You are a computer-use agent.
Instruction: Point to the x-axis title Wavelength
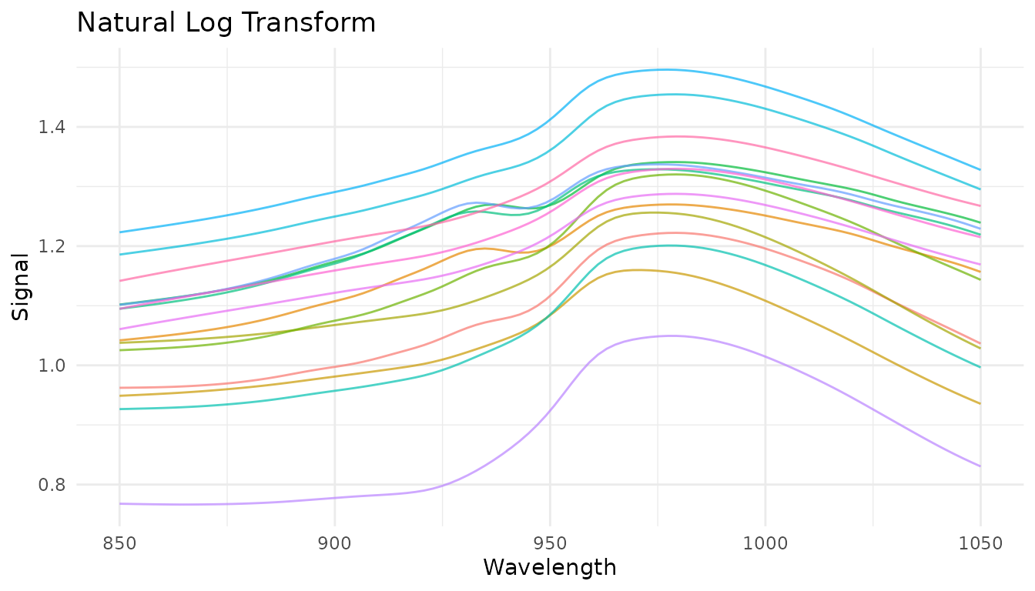pos(549,568)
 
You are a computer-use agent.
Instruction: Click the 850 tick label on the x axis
pos(119,543)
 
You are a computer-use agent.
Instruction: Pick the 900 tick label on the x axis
pos(334,543)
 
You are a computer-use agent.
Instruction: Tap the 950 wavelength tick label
pos(550,543)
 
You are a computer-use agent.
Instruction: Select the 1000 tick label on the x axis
pos(765,543)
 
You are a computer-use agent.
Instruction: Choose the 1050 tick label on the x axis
pos(980,543)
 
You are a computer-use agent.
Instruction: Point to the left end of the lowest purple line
pos(119,503)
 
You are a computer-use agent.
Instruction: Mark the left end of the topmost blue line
pos(119,232)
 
